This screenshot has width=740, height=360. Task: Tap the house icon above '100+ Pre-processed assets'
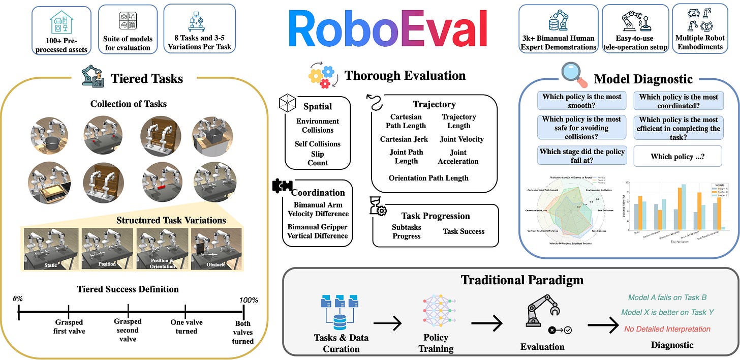pos(62,22)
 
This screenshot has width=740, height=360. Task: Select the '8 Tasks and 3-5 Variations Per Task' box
pos(200,28)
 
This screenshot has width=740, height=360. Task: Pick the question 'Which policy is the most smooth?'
pos(581,101)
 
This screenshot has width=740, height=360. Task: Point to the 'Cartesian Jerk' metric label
pos(404,139)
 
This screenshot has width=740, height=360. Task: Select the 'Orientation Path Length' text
pos(428,178)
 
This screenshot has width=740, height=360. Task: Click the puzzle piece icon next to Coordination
pos(282,186)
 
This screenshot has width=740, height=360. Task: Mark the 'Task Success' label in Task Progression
pos(464,231)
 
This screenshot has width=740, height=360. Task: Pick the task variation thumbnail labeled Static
pos(51,249)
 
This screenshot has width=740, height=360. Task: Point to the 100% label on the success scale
pos(249,300)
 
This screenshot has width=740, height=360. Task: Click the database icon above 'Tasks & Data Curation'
pos(340,311)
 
